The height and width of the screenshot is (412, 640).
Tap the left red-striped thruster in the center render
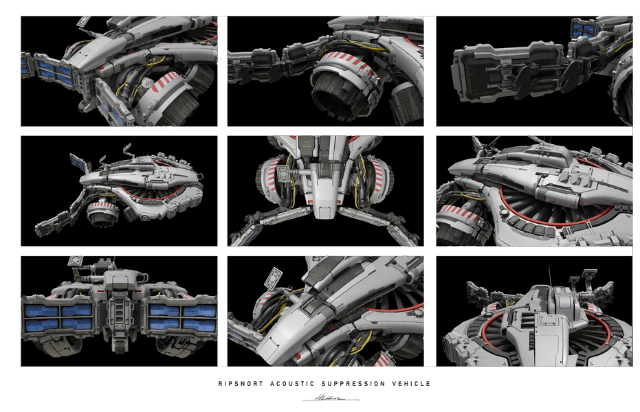(270, 185)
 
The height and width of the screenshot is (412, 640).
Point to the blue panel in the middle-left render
(78, 163)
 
